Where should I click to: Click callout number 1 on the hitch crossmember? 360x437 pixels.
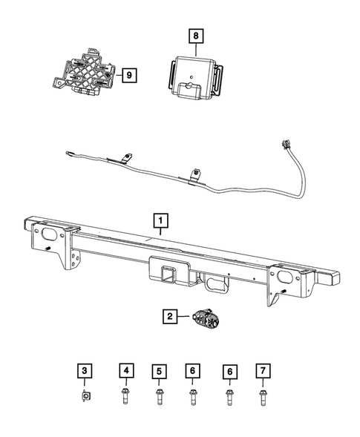160,220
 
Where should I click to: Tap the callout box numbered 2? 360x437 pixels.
170,318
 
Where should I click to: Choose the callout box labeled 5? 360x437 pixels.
159,370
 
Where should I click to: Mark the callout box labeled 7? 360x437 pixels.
261,370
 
